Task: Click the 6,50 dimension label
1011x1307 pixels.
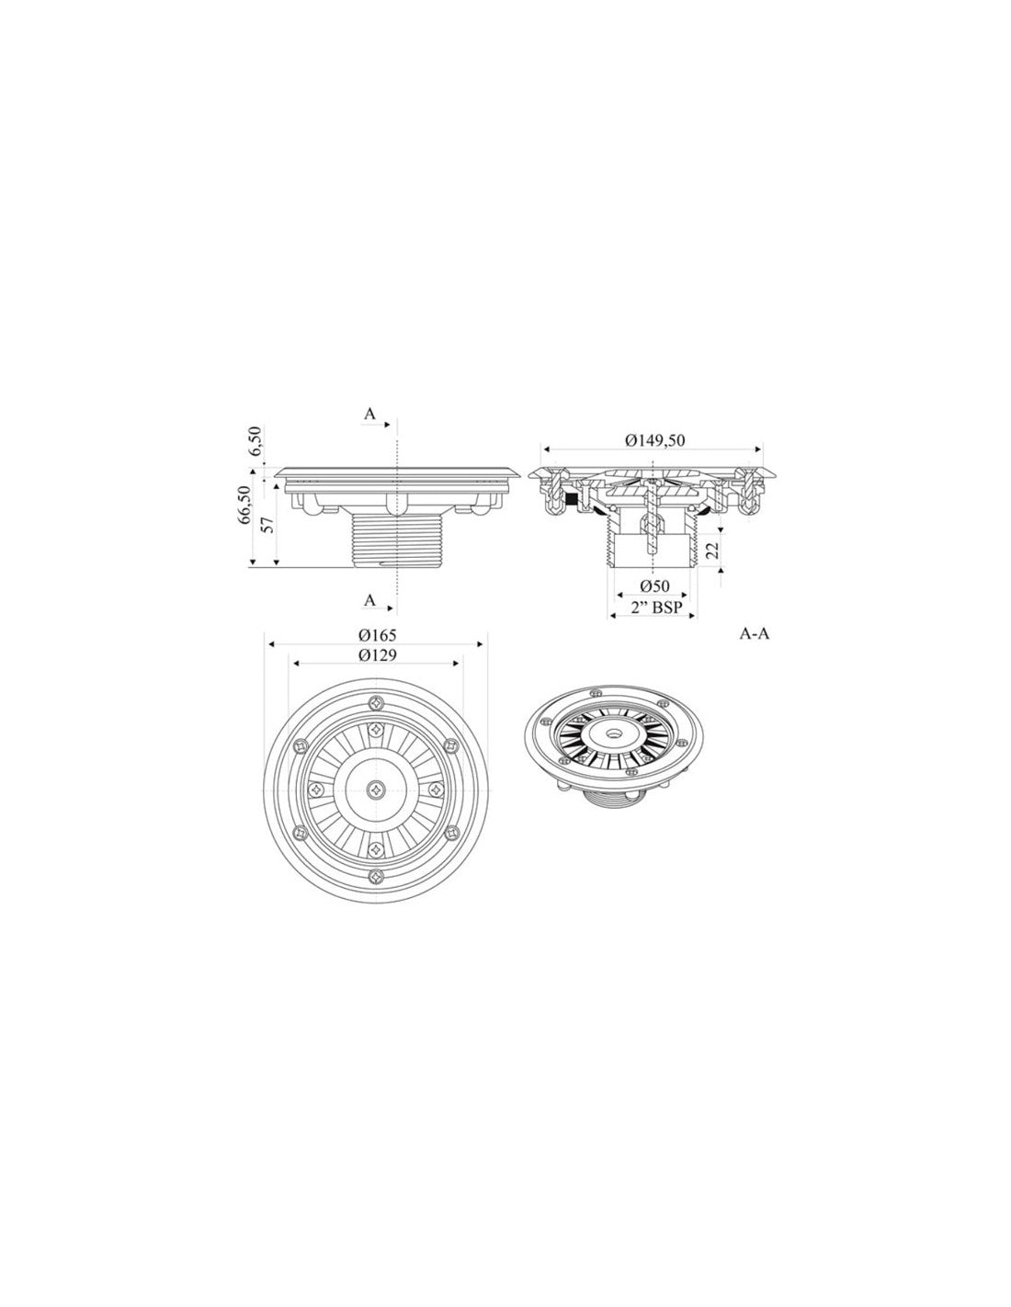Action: (x=256, y=440)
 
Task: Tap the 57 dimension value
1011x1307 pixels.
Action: (x=269, y=525)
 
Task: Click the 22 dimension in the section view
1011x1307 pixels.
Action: (x=712, y=549)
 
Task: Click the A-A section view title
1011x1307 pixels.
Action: (x=755, y=633)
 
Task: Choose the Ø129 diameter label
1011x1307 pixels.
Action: (x=377, y=655)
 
